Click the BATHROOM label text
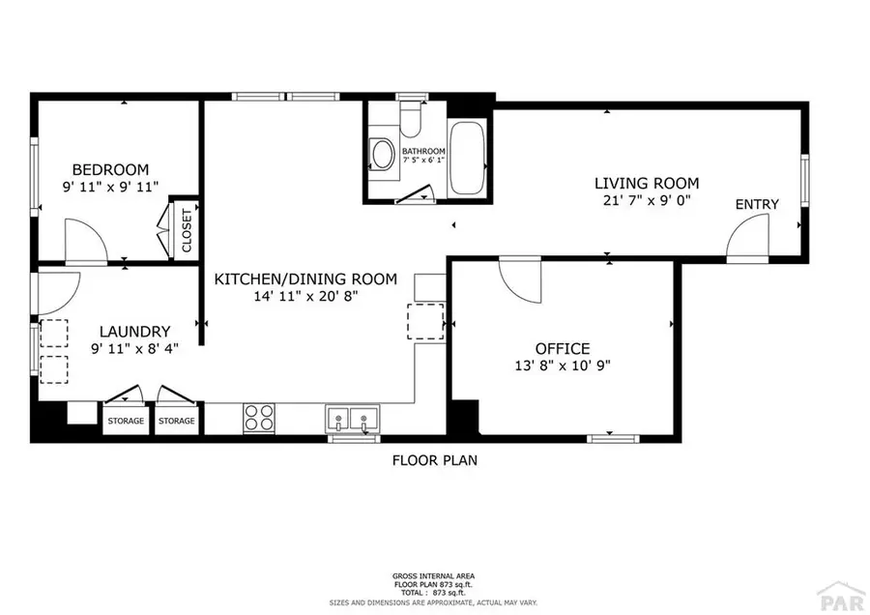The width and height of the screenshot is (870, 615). pyautogui.click(x=423, y=151)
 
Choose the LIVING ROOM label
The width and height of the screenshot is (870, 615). pyautogui.click(x=646, y=183)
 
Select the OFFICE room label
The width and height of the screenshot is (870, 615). pyautogui.click(x=563, y=348)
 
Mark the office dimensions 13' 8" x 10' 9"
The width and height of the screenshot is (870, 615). pyautogui.click(x=563, y=366)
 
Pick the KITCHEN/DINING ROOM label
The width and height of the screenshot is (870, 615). pyautogui.click(x=305, y=279)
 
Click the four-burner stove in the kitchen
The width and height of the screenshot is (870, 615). pyautogui.click(x=258, y=417)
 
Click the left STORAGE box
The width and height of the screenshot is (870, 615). pyautogui.click(x=125, y=421)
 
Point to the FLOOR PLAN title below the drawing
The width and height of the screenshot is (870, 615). pyautogui.click(x=434, y=460)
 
